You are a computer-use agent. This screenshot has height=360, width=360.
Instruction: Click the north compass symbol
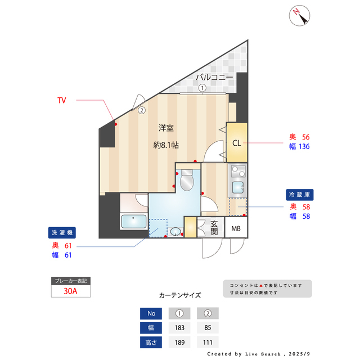pyautogui.click(x=300, y=16)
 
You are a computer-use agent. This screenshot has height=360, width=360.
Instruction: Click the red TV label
pyautogui.click(x=62, y=100)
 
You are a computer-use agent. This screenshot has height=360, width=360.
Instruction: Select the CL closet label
pyautogui.click(x=237, y=142)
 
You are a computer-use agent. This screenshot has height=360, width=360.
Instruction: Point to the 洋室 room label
pyautogui.click(x=165, y=128)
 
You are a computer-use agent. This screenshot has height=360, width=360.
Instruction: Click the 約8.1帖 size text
pyautogui.click(x=166, y=145)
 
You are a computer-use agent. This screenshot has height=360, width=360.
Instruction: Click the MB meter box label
pyautogui.click(x=236, y=228)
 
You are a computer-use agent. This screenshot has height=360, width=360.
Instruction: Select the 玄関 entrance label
pyautogui.click(x=214, y=228)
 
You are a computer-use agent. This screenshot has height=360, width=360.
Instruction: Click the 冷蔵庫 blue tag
pyautogui.click(x=299, y=195)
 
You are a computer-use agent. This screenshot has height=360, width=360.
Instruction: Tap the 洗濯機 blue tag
pyautogui.click(x=62, y=232)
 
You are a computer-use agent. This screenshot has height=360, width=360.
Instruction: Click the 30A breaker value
pyautogui.click(x=70, y=291)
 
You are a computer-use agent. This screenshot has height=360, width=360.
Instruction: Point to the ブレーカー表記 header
pyautogui.click(x=70, y=280)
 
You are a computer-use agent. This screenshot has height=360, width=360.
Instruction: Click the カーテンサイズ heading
pyautogui.click(x=180, y=295)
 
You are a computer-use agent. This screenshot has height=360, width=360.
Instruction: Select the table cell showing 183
pyautogui.click(x=179, y=327)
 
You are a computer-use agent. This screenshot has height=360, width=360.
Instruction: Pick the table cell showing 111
pyautogui.click(x=208, y=342)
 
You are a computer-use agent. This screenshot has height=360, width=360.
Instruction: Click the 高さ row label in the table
pyautogui.click(x=151, y=342)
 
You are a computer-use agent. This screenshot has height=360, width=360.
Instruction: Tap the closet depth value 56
pyautogui.click(x=306, y=137)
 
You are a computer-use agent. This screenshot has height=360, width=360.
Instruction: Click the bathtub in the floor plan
pyautogui.click(x=133, y=222)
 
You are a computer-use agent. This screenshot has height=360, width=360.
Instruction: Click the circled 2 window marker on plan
pyautogui.click(x=142, y=111)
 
